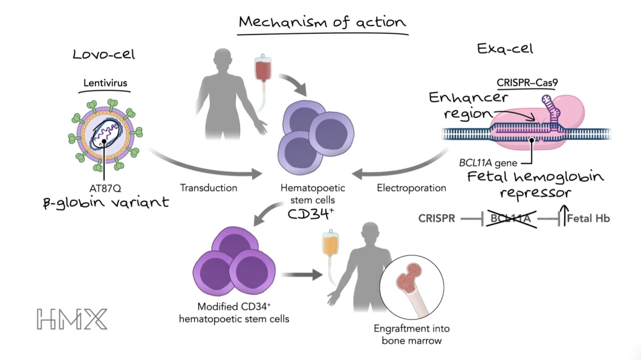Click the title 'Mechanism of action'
pos(322,22)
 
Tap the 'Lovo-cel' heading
pos(103,54)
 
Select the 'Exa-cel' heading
pos(505,49)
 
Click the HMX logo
pos(71,319)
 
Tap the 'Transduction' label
pos(209,188)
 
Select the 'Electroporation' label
pos(411,188)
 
